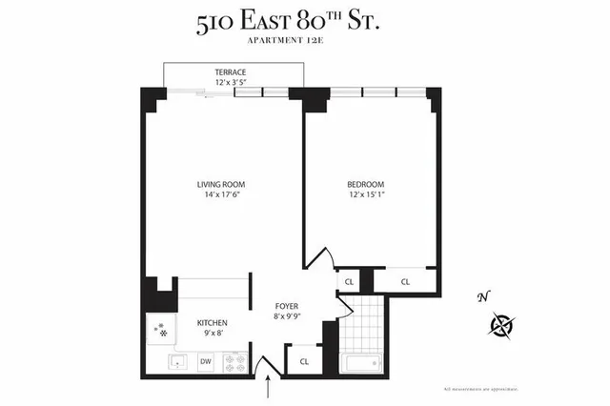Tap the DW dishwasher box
[x=206, y=361]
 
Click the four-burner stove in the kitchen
[x=234, y=362]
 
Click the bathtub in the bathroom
[x=361, y=363]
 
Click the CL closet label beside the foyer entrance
[x=304, y=361]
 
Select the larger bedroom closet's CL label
[x=405, y=281]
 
